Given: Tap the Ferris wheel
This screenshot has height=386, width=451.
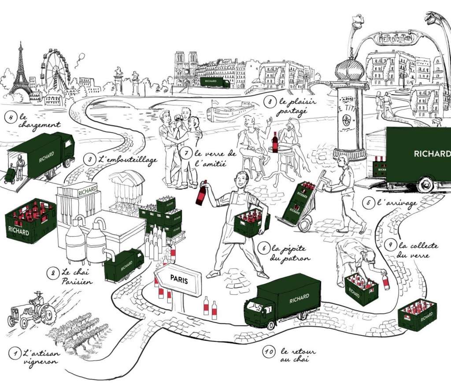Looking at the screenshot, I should [55, 71].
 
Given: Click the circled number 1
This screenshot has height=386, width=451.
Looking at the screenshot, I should [15, 353].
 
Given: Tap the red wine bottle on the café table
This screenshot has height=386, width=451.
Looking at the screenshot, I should [275, 142].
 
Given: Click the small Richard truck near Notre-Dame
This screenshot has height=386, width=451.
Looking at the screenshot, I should [215, 82].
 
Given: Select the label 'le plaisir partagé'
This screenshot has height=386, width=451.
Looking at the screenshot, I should [289, 106].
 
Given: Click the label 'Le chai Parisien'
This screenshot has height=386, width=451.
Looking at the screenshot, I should [70, 277].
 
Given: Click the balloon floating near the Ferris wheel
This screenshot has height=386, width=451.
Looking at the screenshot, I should [81, 56].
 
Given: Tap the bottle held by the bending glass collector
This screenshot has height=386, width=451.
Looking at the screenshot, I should [386, 281].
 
